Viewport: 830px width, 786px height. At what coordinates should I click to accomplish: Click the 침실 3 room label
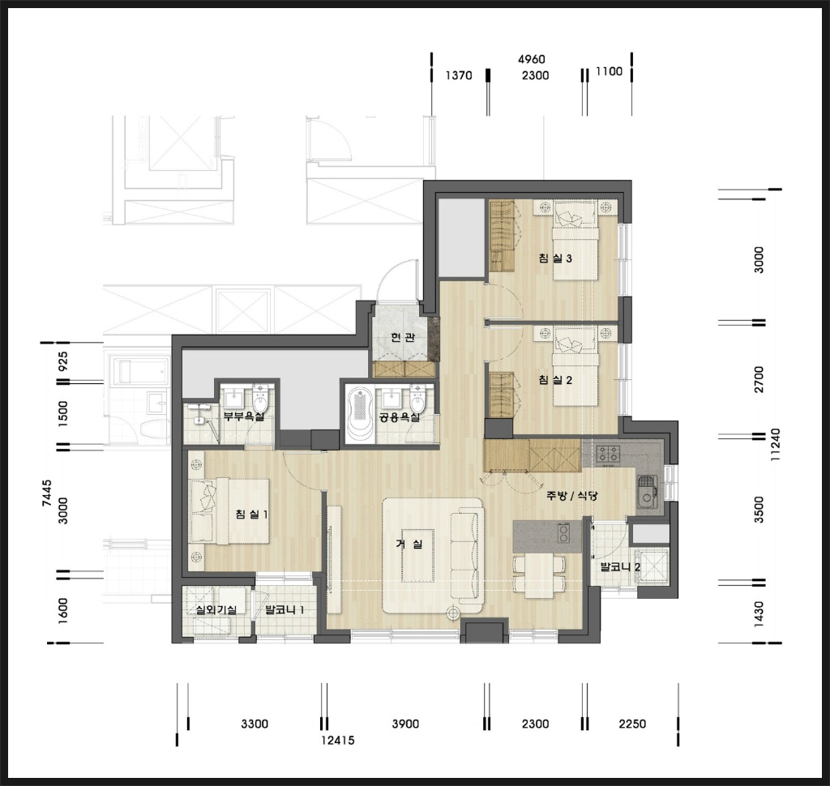554,258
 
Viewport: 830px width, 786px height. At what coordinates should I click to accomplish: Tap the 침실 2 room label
554,379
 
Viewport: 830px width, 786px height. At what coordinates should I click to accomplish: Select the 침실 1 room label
251,514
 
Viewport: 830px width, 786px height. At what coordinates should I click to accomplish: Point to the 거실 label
409,544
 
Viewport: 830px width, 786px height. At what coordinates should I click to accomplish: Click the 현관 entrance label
403,337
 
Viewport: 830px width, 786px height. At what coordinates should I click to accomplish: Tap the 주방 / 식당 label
572,496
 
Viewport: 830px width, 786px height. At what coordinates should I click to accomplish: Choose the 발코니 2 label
620,567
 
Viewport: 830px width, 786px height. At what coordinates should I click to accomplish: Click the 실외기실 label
216,609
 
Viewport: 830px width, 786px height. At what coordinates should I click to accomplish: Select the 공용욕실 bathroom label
400,417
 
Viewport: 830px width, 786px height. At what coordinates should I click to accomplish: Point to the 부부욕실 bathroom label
243,416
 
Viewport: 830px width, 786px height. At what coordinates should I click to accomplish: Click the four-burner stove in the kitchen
608,454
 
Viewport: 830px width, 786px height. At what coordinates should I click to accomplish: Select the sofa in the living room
468,556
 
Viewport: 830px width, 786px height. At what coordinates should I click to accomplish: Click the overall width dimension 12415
338,740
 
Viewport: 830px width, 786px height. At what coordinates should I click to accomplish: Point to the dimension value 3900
405,724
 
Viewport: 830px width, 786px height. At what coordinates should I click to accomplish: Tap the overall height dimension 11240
776,445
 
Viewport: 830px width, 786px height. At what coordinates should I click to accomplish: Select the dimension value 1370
459,75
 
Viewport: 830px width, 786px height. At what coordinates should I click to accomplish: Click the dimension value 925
62,361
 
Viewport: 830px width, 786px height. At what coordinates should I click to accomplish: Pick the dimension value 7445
47,493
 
